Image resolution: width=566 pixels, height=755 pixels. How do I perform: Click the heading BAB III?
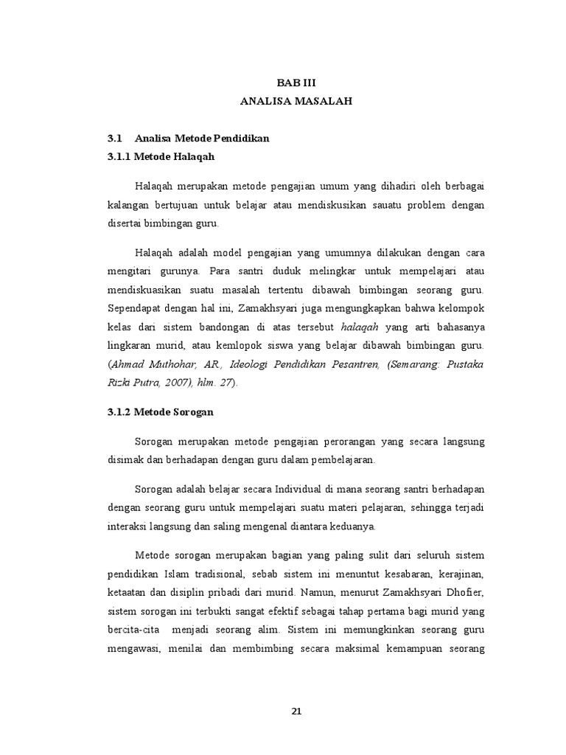296,85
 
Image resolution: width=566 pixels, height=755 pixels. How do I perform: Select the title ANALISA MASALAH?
296,102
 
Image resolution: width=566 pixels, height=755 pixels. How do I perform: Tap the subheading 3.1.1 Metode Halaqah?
161,156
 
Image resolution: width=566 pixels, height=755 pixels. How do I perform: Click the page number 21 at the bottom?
296,711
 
